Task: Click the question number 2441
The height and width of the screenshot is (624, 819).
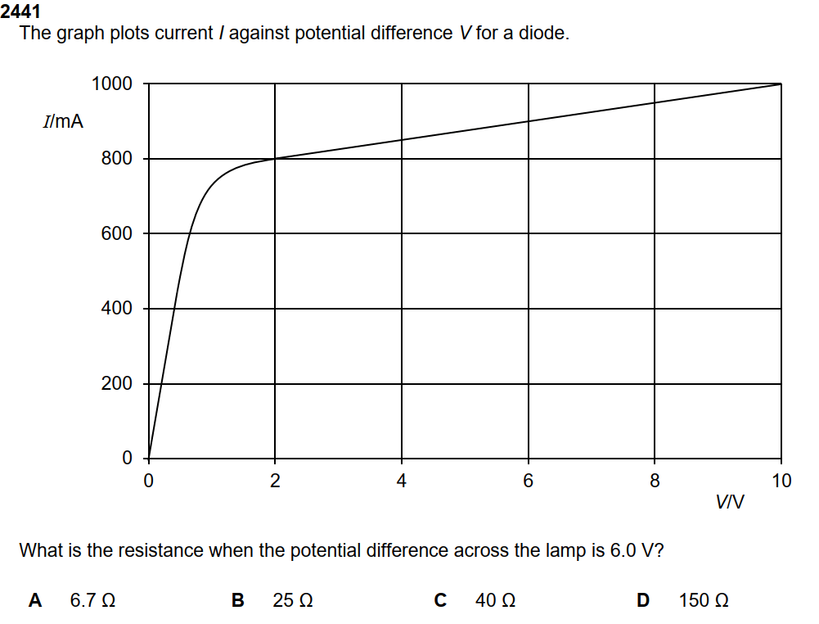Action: point(20,12)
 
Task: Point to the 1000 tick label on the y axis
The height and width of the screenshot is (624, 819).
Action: point(111,84)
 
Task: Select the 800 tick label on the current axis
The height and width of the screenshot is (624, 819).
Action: point(116,159)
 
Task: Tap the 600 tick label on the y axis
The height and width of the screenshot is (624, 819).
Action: point(116,233)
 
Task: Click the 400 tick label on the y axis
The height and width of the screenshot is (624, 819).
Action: point(116,309)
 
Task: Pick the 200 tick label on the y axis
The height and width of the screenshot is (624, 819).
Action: point(116,384)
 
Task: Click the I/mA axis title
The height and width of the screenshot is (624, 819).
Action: point(63,122)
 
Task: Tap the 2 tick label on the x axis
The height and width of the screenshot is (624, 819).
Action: point(275,482)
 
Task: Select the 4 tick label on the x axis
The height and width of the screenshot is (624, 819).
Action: point(401,482)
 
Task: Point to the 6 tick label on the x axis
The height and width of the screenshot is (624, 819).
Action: point(528,482)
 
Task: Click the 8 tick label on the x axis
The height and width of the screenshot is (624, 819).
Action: point(655,482)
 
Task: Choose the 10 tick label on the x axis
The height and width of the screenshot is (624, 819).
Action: point(781,482)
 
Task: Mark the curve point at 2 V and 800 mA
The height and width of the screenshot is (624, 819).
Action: point(275,159)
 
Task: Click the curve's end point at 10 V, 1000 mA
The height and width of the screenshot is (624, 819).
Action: point(781,84)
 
